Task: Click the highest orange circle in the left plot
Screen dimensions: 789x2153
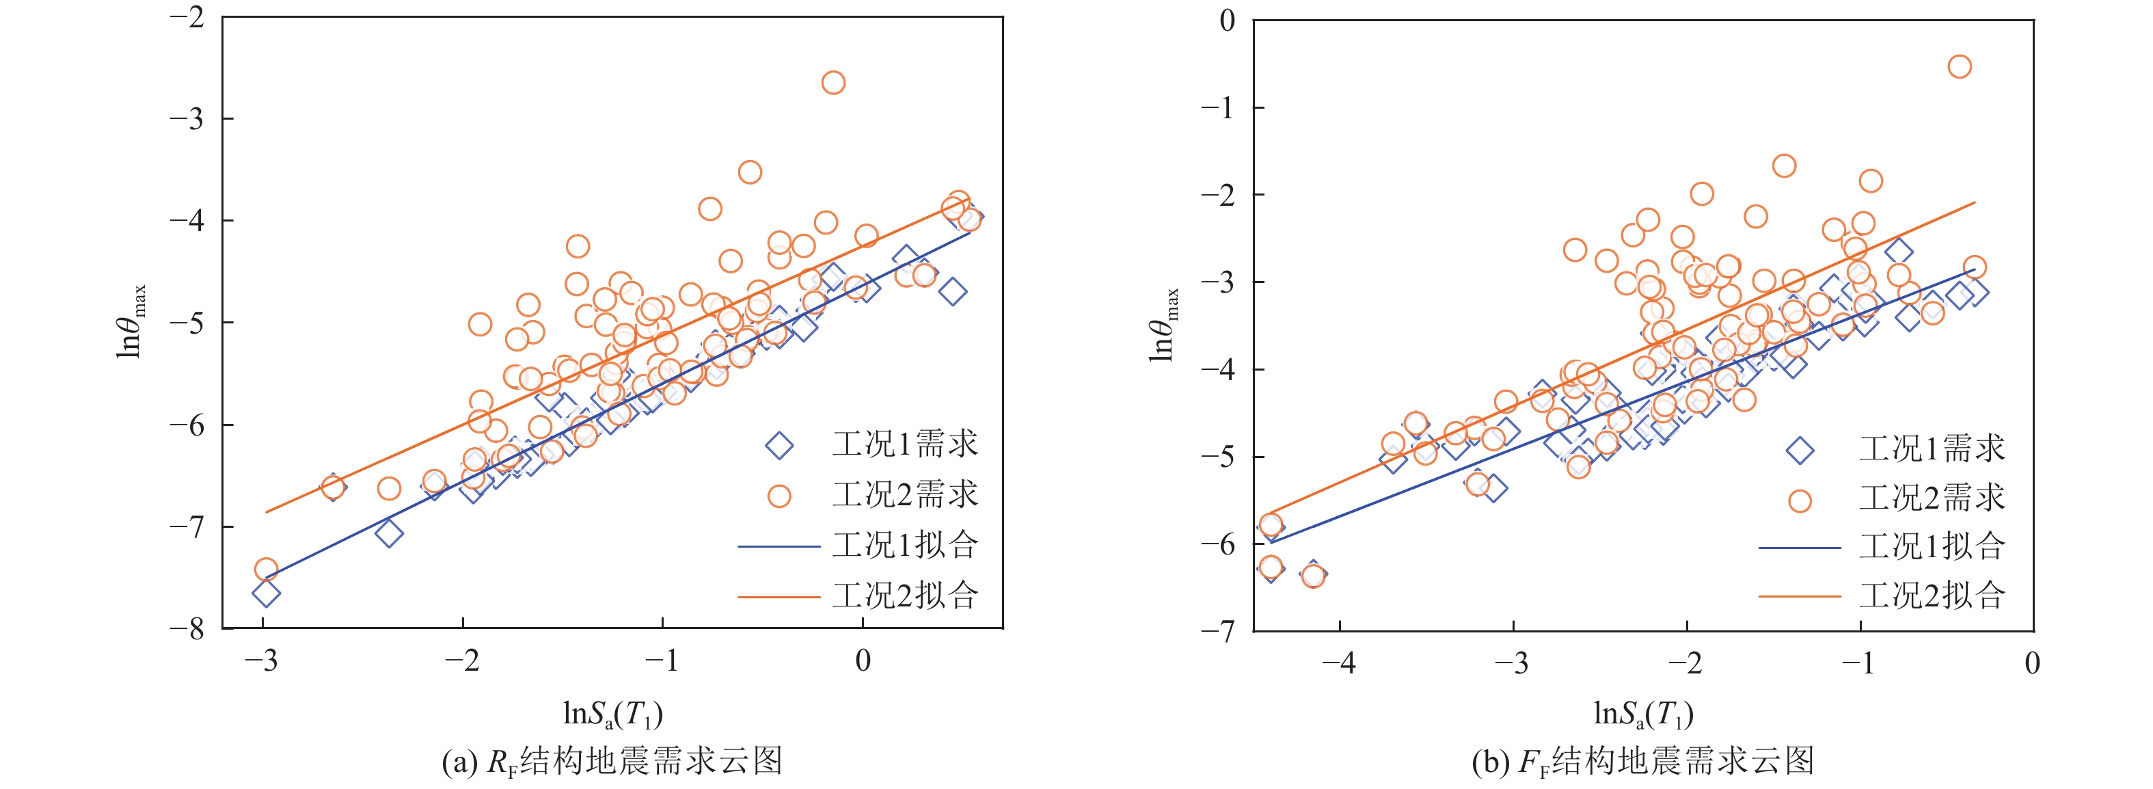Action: [x=832, y=83]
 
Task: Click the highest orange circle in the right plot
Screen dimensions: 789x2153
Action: [x=1959, y=67]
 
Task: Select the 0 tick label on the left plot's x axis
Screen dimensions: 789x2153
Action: [x=863, y=662]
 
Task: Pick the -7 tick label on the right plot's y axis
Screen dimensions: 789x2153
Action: [x=1218, y=631]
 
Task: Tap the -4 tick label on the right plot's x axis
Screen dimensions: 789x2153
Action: [x=1338, y=665]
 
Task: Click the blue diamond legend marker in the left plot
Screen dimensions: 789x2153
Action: [x=779, y=446]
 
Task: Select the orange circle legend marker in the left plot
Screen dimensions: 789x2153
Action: [x=779, y=496]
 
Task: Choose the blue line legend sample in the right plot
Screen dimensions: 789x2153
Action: [x=1800, y=548]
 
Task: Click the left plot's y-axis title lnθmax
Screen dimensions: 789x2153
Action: [x=131, y=322]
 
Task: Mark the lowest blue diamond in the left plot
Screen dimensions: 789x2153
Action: [x=266, y=593]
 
